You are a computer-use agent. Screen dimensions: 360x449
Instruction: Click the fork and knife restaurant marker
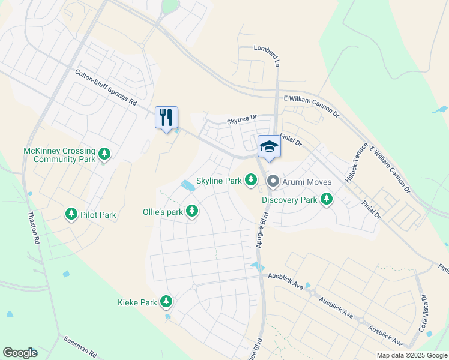pyautogui.click(x=167, y=117)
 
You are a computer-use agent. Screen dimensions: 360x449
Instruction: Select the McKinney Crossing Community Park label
pyautogui.click(x=59, y=155)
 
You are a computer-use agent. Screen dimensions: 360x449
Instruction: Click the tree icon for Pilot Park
pyautogui.click(x=71, y=214)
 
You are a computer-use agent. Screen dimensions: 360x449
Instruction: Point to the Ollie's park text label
pyautogui.click(x=162, y=212)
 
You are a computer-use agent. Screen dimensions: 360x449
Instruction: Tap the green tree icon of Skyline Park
pyautogui.click(x=251, y=180)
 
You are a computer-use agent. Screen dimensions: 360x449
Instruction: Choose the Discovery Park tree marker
pyautogui.click(x=327, y=199)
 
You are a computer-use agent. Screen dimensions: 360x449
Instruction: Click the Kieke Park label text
pyautogui.click(x=137, y=302)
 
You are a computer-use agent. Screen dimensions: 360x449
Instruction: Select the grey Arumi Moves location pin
pyautogui.click(x=273, y=180)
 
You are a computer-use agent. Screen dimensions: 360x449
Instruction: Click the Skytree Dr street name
pyautogui.click(x=241, y=121)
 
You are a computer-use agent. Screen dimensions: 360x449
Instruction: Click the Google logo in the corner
pyautogui.click(x=20, y=353)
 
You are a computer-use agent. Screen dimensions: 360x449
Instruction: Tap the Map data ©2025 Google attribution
pyautogui.click(x=411, y=355)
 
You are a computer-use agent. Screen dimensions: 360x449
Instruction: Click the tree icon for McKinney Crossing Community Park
pyautogui.click(x=105, y=155)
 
